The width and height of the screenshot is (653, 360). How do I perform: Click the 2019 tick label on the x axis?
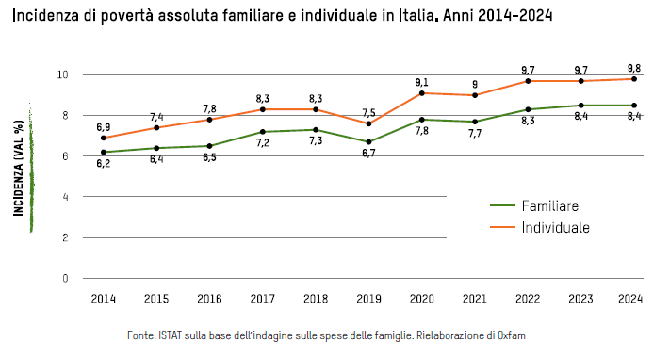[369, 299]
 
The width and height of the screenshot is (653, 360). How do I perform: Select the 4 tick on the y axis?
[65, 197]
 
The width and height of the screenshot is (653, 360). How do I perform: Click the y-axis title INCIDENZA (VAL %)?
[18, 167]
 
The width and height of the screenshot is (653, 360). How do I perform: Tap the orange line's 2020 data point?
[422, 93]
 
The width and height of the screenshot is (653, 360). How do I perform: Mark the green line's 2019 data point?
[369, 142]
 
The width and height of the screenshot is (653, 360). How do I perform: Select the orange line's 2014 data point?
[103, 138]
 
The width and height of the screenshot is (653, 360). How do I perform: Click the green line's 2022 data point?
[528, 109]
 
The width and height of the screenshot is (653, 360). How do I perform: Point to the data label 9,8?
[633, 67]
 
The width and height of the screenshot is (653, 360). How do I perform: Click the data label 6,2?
[103, 164]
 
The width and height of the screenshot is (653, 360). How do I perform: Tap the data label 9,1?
[422, 82]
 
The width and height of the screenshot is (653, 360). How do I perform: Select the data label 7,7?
[475, 135]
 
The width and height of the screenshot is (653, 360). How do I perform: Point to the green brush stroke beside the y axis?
[31, 167]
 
